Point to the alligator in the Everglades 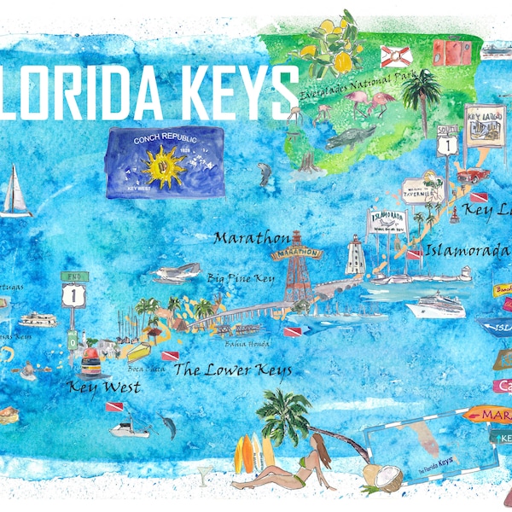coord(349,136)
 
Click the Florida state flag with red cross coord(396,56)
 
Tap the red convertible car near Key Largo coord(474,175)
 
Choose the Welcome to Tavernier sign coord(422,188)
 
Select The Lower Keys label coord(232,369)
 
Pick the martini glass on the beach coord(204,474)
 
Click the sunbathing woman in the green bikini coord(299,466)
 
